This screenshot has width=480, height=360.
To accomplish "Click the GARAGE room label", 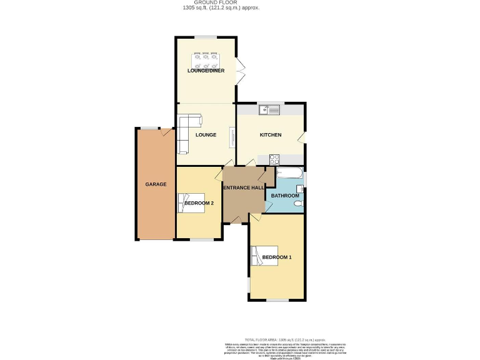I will click(x=156, y=184).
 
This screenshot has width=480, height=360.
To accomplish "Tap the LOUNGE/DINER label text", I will click(x=206, y=71).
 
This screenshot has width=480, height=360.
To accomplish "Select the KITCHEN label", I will click(x=271, y=135).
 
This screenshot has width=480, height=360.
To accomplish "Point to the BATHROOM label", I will click(x=285, y=196).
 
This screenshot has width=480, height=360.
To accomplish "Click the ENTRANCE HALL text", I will click(x=244, y=187).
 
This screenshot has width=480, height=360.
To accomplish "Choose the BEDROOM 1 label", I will click(x=276, y=257).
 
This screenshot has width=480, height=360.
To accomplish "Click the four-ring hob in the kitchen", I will click(x=274, y=159).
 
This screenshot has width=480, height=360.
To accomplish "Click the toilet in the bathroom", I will click(x=297, y=203).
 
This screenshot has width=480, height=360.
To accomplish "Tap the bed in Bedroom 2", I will click(x=191, y=203).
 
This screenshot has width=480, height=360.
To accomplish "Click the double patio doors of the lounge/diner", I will click(x=239, y=71).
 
